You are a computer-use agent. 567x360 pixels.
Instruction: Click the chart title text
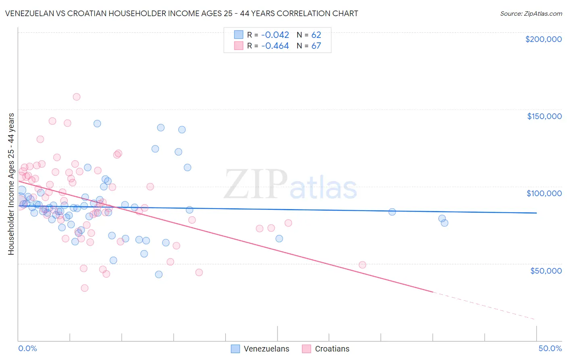tap(181, 13)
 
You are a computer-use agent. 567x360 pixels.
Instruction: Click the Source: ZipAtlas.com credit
tap(531, 13)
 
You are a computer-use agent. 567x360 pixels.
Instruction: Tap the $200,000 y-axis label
tap(543, 39)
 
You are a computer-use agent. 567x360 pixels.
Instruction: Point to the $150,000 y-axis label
tap(544, 116)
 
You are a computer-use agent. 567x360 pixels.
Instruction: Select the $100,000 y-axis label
tap(544, 193)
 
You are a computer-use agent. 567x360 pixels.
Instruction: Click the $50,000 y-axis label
tap(546, 271)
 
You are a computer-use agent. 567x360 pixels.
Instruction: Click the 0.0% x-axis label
tap(27, 348)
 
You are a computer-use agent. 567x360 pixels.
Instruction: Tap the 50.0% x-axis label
tap(550, 348)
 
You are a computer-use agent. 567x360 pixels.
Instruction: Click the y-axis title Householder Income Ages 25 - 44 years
tap(11, 184)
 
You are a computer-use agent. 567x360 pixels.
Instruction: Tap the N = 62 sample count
tap(309, 35)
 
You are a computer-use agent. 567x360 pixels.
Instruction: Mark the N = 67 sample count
tap(309, 46)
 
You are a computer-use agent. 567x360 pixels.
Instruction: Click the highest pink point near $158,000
tap(77, 97)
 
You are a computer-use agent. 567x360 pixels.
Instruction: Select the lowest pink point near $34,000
tap(85, 288)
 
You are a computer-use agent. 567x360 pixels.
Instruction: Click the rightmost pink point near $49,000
tap(362, 265)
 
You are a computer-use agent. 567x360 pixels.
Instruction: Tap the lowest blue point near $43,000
tap(159, 274)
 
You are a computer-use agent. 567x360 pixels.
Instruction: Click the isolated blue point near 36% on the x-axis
tap(392, 212)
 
